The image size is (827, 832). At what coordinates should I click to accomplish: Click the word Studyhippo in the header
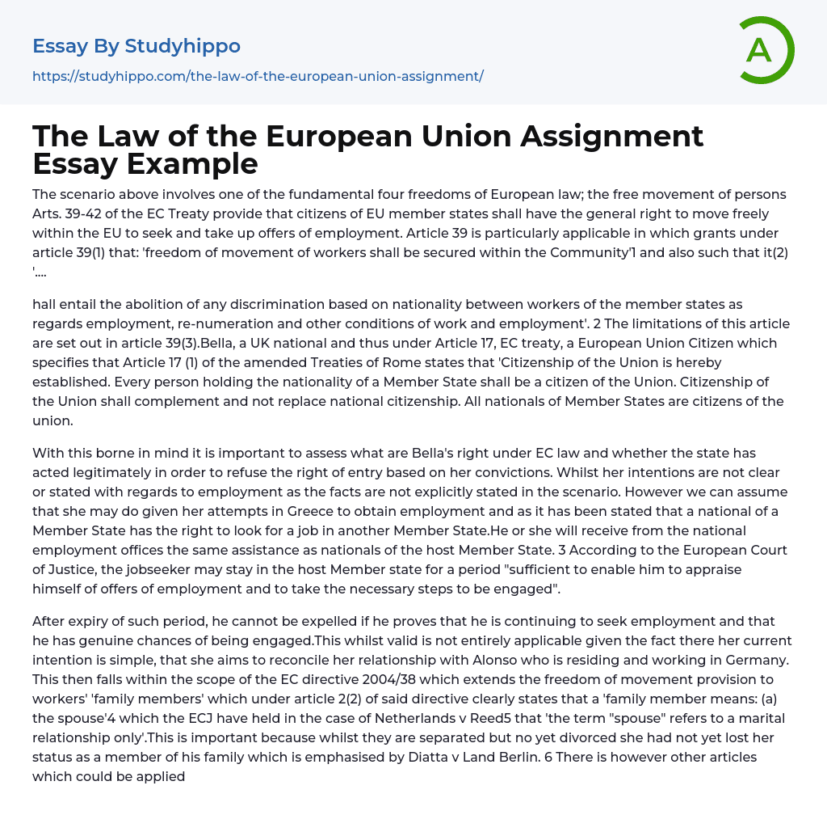click(x=183, y=46)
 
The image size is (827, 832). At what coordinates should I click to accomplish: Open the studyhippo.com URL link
click(x=258, y=77)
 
